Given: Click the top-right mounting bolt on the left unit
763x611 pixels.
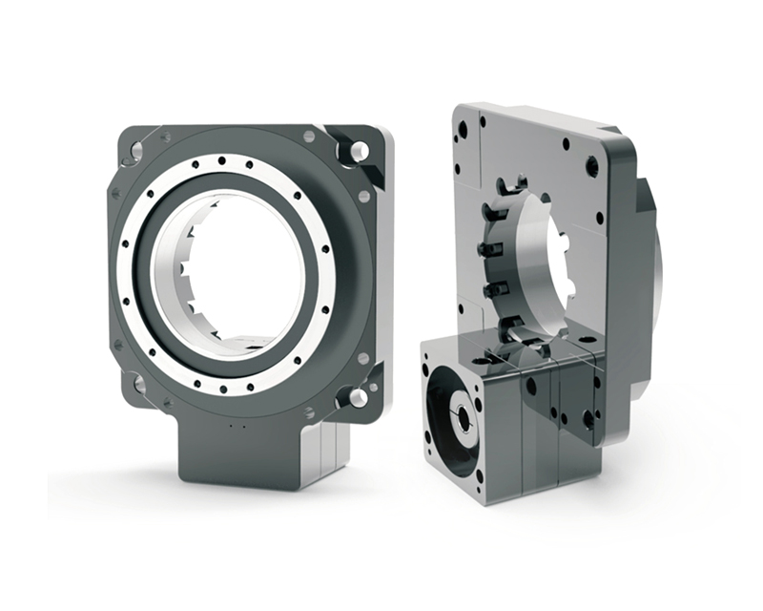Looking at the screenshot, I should coord(359,151).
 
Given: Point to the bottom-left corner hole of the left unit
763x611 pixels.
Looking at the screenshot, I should coord(139,383).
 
